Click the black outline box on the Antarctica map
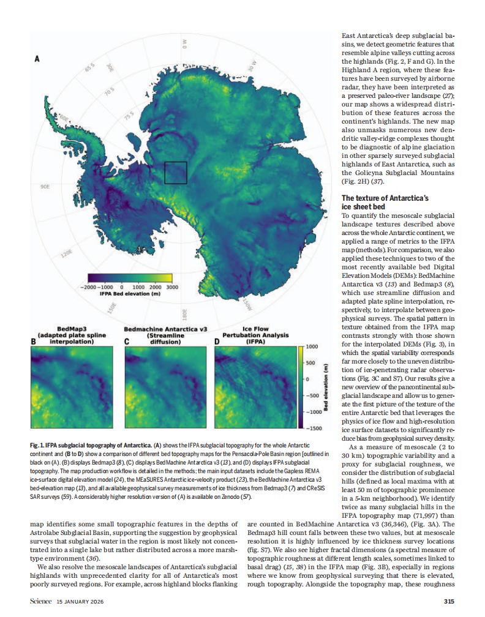click(175, 173)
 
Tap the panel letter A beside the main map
click(37, 59)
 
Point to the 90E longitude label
click(45, 185)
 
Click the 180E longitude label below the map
click(184, 315)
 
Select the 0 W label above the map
click(183, 44)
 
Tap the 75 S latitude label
click(129, 116)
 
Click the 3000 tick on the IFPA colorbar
click(172, 286)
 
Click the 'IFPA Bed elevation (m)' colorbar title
click(130, 294)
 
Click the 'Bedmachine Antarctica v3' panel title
click(162, 329)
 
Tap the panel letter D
click(217, 350)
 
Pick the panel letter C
click(126, 350)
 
